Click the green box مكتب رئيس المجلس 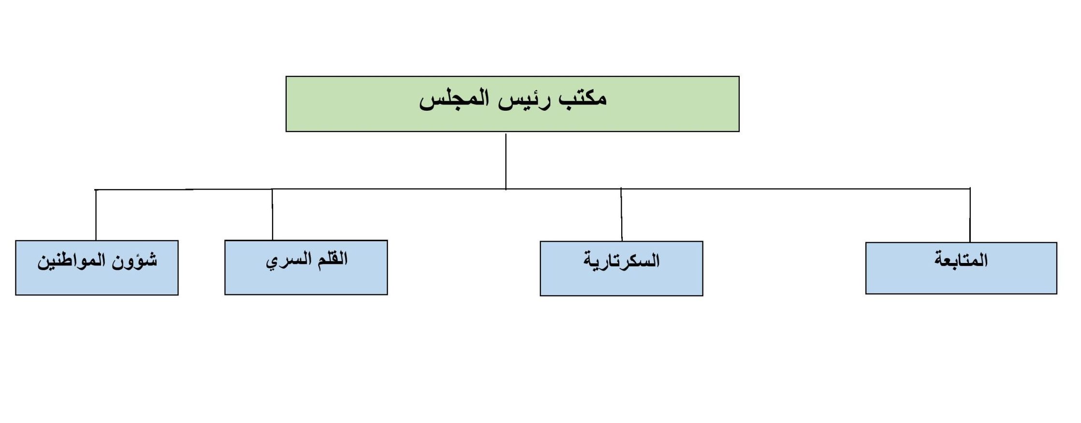(512, 104)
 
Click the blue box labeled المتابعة (961, 268)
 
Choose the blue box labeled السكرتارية (621, 269)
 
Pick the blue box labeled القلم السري (306, 267)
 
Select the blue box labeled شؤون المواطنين (97, 268)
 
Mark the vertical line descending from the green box (506, 161)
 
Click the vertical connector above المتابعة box (970, 215)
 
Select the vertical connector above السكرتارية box (621, 215)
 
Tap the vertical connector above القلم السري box (272, 215)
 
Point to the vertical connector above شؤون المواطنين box (96, 215)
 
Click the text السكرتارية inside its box (621, 261)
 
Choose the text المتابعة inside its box (961, 260)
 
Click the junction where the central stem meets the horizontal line (506, 189)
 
